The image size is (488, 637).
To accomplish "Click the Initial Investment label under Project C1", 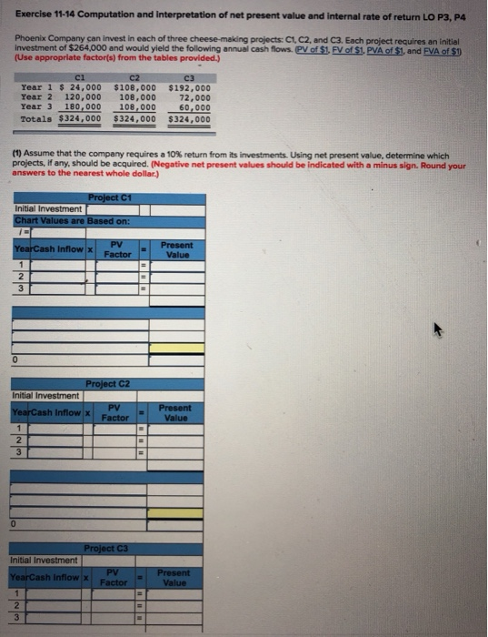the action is pos(47,209).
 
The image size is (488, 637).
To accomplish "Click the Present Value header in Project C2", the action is pos(174,414).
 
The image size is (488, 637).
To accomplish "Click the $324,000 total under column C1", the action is pos(79,117).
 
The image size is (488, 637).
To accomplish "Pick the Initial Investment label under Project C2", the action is pos(45,395).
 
